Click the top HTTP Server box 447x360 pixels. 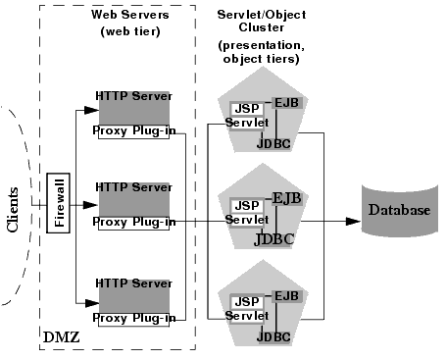[x=133, y=107]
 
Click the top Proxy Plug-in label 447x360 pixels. [x=134, y=129]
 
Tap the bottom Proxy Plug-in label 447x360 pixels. [x=134, y=318]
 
